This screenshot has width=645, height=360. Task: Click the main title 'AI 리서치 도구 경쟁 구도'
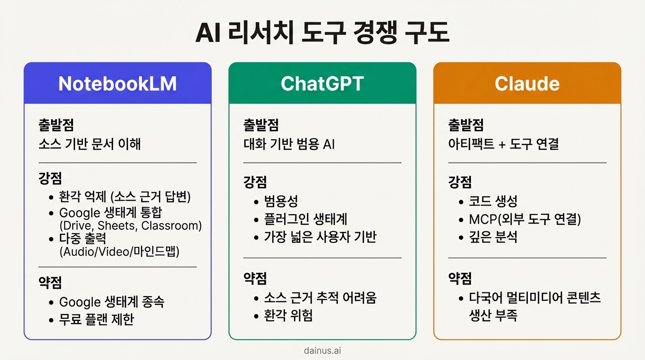tap(322, 33)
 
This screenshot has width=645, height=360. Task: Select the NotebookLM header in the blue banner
tap(117, 83)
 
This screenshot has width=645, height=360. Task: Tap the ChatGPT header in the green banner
tap(322, 83)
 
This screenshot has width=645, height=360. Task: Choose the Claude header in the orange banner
tap(527, 83)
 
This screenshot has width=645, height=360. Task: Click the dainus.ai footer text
tap(322, 350)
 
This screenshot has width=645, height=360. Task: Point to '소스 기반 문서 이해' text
tap(90, 144)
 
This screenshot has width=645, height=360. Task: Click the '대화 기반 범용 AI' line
tap(289, 144)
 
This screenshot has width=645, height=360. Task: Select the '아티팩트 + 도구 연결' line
tap(503, 144)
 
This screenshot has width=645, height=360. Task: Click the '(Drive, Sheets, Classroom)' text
tap(130, 225)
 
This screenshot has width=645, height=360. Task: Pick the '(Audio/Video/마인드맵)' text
tap(120, 251)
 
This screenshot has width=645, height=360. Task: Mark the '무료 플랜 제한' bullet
tap(97, 319)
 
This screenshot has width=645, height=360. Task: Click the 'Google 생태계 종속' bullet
tap(112, 301)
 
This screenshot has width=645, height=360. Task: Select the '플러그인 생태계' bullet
tap(306, 219)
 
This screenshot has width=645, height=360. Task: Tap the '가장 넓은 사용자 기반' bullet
tap(320, 237)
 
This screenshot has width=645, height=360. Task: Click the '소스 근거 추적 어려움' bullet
tap(320, 297)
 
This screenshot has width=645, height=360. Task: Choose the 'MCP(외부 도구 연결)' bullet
tap(525, 219)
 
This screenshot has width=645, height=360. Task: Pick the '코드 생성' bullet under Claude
tap(493, 201)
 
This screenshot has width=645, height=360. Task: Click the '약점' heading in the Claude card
tap(460, 278)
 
